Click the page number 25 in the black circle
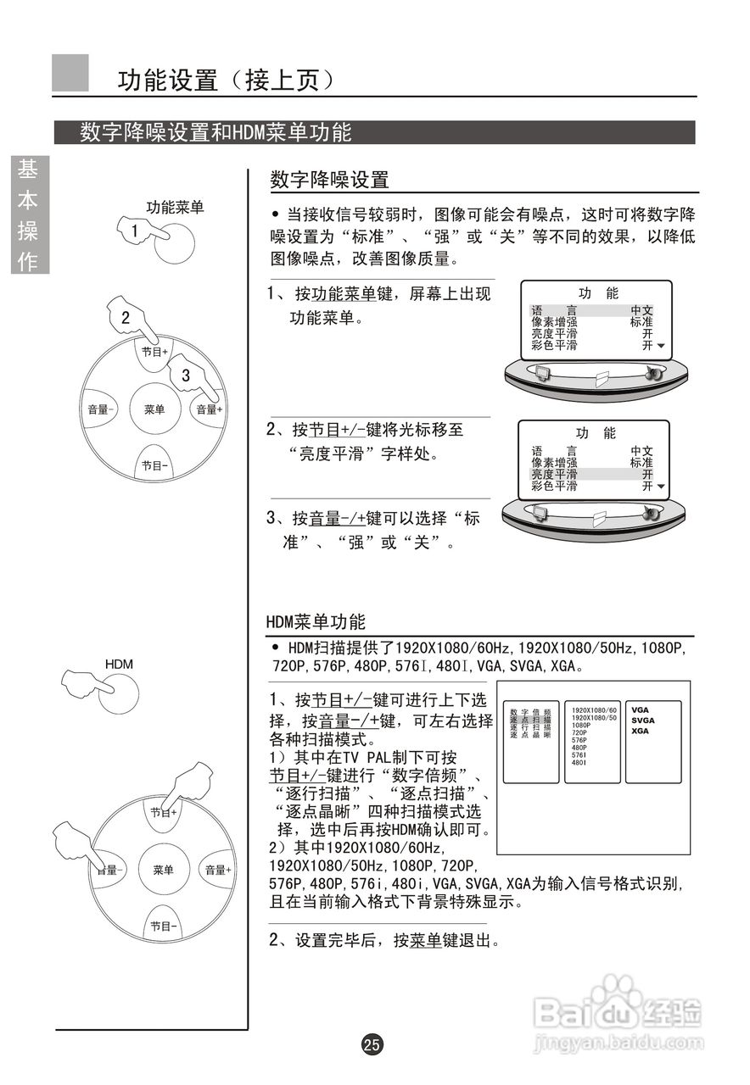point(372,1044)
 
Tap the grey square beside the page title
point(70,73)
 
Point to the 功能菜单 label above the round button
point(175,208)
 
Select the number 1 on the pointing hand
point(134,231)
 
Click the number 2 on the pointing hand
point(126,319)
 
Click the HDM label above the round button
point(119,664)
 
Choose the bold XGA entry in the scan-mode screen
point(640,730)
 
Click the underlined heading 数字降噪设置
point(329,180)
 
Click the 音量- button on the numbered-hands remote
point(100,409)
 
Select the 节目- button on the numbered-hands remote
point(154,465)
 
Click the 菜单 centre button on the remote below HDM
point(164,870)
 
